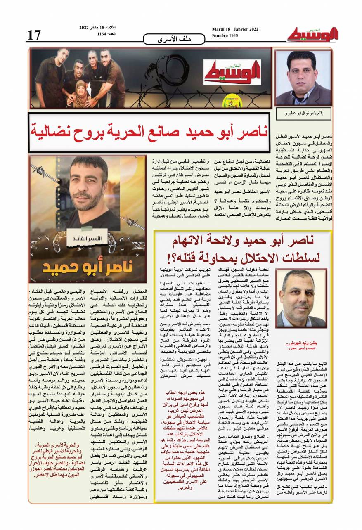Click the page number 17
[x=34, y=35]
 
